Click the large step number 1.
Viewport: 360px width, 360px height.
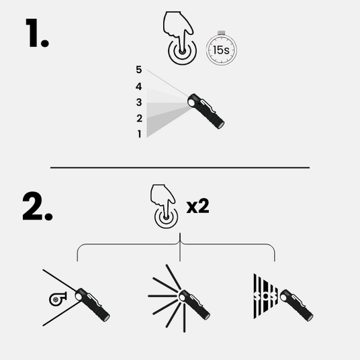click(x=37, y=33)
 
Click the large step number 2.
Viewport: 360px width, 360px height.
click(x=38, y=206)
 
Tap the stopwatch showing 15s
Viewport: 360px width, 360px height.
click(x=222, y=48)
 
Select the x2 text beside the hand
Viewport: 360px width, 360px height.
click(x=197, y=206)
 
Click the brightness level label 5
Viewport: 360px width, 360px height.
click(x=138, y=70)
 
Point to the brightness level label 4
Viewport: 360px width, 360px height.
click(x=138, y=87)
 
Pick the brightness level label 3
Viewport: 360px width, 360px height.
click(x=139, y=102)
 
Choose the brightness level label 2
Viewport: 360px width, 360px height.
click(x=139, y=118)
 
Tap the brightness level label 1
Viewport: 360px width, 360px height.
click(x=139, y=134)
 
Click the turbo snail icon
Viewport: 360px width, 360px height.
click(x=58, y=299)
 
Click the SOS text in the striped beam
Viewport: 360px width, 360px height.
click(x=265, y=296)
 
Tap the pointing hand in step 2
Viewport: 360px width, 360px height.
click(x=163, y=200)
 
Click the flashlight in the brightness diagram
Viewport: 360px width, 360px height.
click(x=206, y=111)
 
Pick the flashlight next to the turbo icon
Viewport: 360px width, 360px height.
click(x=92, y=305)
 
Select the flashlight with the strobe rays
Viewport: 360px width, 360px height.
click(x=194, y=305)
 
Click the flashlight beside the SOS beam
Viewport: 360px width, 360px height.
click(x=296, y=306)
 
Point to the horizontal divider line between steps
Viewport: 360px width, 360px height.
click(x=180, y=168)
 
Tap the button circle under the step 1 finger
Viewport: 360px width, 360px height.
click(x=182, y=53)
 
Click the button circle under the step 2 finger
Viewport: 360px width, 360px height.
click(x=166, y=218)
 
